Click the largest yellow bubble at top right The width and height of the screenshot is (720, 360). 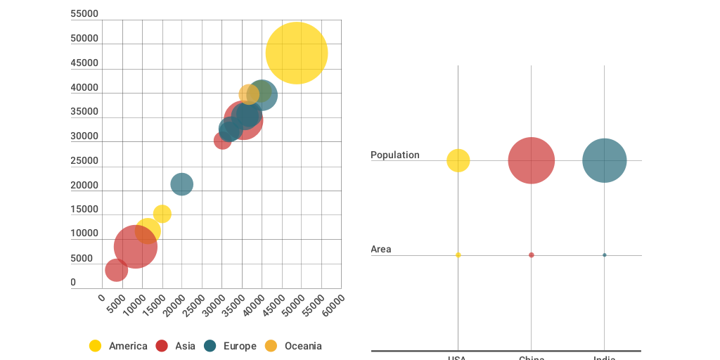(297, 53)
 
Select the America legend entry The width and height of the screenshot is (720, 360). (118, 346)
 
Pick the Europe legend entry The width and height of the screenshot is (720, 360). (230, 346)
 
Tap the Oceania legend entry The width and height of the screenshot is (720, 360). (293, 346)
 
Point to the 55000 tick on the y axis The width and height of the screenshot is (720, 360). (84, 14)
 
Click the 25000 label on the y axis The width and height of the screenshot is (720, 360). (84, 160)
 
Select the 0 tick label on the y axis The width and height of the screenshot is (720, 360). (73, 283)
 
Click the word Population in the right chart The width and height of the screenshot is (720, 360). (395, 155)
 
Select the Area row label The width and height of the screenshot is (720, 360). (381, 249)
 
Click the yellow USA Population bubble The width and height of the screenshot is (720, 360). (458, 160)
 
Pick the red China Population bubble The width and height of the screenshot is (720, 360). (531, 160)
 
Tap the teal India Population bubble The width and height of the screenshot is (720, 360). (604, 160)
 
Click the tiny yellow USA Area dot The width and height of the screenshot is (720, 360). (458, 255)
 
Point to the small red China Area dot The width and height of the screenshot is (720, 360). (531, 255)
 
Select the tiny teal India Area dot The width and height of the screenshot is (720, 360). (604, 255)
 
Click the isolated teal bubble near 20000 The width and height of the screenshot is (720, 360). (181, 184)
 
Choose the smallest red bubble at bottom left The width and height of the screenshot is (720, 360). (116, 270)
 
